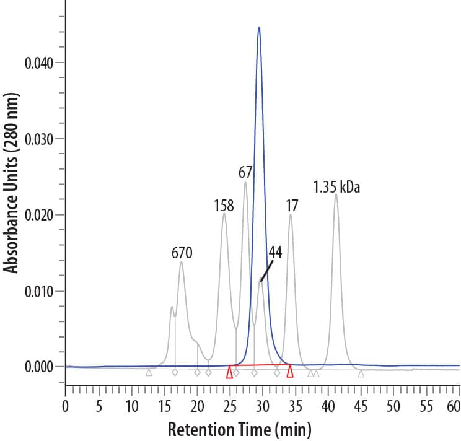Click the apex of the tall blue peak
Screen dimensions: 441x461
(259, 27)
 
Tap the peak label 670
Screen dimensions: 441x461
(182, 252)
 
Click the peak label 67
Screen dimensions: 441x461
(245, 173)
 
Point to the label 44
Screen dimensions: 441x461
(274, 253)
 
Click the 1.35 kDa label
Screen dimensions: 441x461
(336, 186)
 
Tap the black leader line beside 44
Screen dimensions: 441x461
(266, 271)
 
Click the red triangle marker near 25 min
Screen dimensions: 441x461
(229, 372)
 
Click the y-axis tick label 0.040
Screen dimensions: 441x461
(39, 63)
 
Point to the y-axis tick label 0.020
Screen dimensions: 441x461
(39, 215)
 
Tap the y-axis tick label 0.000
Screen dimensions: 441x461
(39, 367)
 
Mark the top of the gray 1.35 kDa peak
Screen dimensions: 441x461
(336, 194)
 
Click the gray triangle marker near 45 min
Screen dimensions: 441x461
(361, 373)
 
